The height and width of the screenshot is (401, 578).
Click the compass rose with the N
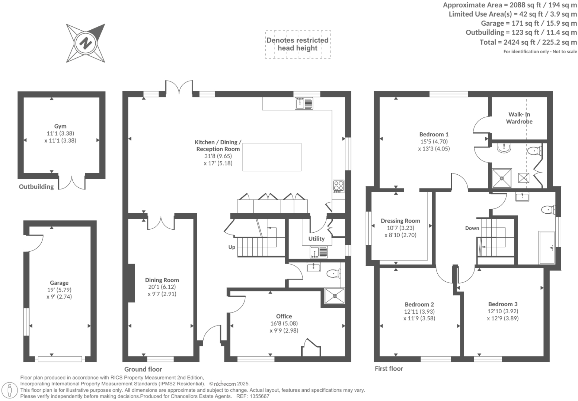86,43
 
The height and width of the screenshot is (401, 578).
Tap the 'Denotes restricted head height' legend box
297,44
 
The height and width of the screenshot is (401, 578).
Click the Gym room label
60,126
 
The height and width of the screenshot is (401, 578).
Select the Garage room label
59,283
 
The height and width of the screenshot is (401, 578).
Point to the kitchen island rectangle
272,157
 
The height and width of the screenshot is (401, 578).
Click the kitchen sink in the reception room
304,103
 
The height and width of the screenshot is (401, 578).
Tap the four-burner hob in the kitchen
338,186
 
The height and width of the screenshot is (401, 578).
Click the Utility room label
316,239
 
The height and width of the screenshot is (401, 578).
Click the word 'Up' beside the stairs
232,247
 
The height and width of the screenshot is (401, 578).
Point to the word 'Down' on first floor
472,228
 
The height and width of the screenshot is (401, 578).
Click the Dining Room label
162,280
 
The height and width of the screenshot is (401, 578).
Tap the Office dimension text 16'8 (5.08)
284,323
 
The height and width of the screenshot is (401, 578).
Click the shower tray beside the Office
335,296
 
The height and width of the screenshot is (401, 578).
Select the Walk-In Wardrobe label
519,118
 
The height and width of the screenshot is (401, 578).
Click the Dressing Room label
400,221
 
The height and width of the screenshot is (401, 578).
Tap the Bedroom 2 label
419,304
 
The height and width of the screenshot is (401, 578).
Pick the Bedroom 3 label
502,304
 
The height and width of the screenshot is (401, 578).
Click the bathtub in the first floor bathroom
547,248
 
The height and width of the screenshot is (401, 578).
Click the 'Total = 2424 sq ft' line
528,42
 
